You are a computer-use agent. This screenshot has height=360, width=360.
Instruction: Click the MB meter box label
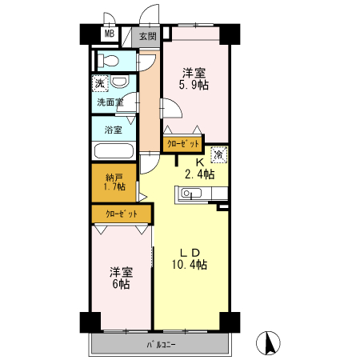[110, 34]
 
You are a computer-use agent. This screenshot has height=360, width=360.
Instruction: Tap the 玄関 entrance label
[148, 36]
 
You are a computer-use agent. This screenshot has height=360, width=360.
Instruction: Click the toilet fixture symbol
[108, 61]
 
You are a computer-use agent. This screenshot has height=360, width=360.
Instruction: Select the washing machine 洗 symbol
[100, 83]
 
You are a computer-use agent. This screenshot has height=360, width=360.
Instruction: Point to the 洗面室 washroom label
[110, 102]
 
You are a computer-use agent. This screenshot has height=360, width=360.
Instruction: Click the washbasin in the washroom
[119, 82]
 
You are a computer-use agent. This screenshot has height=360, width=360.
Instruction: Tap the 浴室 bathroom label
[114, 130]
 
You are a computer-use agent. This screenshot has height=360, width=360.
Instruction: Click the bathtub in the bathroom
[114, 151]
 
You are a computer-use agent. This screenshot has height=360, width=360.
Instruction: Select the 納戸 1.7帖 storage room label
[114, 182]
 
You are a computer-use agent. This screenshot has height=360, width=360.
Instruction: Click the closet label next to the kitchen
[183, 144]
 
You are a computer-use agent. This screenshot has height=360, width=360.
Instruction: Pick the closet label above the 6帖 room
[122, 214]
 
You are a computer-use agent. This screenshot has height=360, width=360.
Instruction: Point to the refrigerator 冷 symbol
[219, 154]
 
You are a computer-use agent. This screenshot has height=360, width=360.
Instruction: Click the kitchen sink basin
[191, 193]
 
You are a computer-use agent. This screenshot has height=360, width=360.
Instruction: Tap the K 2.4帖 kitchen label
[200, 169]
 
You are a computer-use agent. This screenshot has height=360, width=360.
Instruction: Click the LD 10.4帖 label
[190, 259]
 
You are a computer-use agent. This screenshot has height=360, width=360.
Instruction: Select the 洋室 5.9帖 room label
[194, 79]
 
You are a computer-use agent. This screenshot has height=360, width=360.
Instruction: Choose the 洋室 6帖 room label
[122, 278]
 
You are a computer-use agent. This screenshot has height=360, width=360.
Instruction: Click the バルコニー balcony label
[161, 345]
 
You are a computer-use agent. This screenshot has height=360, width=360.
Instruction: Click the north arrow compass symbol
[268, 343]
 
